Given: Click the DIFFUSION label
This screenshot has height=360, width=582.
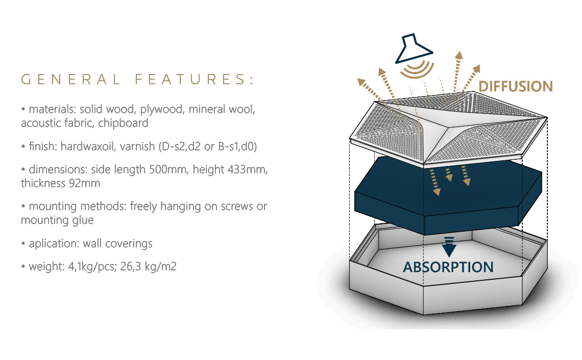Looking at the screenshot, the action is pyautogui.click(x=516, y=86).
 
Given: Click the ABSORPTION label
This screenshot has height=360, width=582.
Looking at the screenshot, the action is pyautogui.click(x=448, y=267).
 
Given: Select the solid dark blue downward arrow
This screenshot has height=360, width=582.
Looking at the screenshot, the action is pyautogui.click(x=449, y=247).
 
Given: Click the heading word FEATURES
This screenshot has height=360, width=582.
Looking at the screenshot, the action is pyautogui.click(x=195, y=80).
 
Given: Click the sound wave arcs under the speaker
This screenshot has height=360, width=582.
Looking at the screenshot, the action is pyautogui.click(x=417, y=70).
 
